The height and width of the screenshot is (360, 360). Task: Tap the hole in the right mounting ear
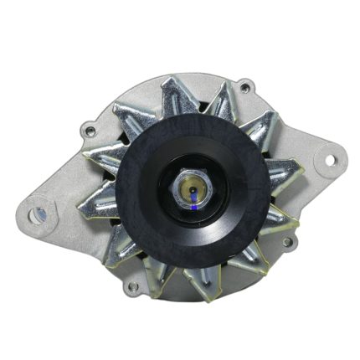[327, 158]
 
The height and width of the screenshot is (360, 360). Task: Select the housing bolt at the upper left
[87, 129]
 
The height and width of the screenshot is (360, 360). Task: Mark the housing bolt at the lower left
[131, 286]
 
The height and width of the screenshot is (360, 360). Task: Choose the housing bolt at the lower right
[288, 242]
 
